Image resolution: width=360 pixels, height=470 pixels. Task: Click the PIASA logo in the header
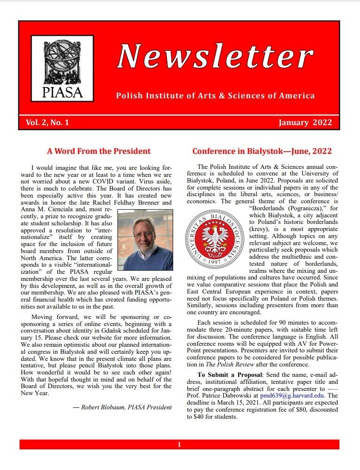(63, 68)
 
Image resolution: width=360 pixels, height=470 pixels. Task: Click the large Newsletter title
(215, 56)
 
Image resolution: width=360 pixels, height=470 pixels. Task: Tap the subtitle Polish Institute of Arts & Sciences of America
(215, 96)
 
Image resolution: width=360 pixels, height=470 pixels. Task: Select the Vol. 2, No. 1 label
(48, 123)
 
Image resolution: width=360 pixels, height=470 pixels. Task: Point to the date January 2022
(305, 123)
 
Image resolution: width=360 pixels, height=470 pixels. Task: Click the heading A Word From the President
(99, 151)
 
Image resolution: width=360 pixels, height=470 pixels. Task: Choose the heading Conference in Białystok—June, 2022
(262, 151)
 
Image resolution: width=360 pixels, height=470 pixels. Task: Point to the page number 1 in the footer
(179, 445)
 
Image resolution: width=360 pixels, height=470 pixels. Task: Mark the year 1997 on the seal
(215, 261)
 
